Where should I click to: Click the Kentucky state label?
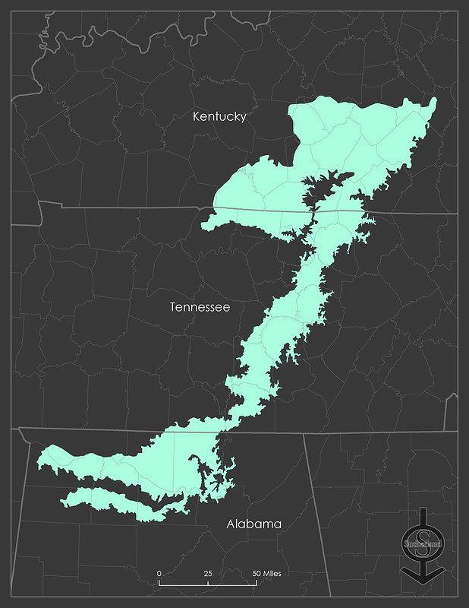click(x=219, y=116)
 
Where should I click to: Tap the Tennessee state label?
click(x=200, y=307)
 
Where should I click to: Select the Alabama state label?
click(x=254, y=524)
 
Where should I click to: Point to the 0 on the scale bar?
click(x=159, y=573)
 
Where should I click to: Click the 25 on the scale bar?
click(x=208, y=573)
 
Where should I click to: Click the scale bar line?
click(x=207, y=584)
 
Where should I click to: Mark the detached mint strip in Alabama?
click(x=114, y=502)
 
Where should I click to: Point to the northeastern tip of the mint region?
click(x=434, y=100)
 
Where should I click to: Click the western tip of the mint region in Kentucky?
click(x=204, y=223)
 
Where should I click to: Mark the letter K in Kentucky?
click(x=197, y=116)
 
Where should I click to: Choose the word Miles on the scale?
click(x=272, y=573)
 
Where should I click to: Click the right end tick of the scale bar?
click(x=257, y=583)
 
